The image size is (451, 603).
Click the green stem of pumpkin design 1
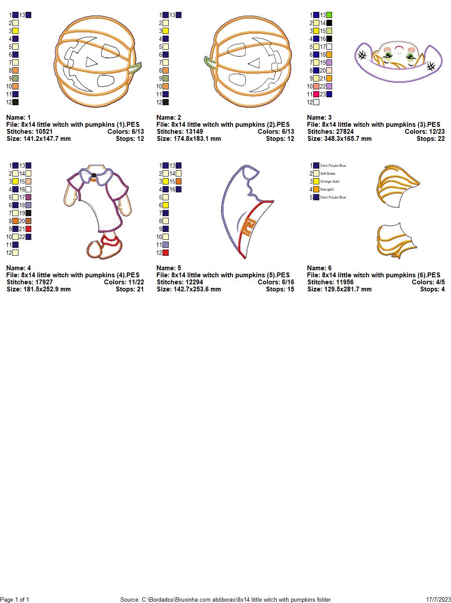pos(136,68)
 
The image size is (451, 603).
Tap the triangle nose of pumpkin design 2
pos(255,63)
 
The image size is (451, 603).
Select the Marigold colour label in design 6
pos(327,189)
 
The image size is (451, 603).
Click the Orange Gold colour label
pos(329,181)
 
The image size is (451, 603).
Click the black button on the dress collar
pos(94,175)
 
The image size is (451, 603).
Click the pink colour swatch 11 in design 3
pos(316,94)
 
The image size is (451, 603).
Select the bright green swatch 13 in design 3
pos(329,15)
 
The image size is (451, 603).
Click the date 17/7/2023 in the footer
pos(438,599)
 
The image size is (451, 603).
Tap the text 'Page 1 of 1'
pos(15,599)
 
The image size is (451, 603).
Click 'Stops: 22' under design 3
pos(430,139)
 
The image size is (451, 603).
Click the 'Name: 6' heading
pos(319,268)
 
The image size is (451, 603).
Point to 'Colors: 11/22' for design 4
pos(124,282)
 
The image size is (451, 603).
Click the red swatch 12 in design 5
pos(166,253)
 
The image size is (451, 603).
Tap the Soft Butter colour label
pos(328,173)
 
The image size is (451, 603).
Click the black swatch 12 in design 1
pos(15,102)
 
